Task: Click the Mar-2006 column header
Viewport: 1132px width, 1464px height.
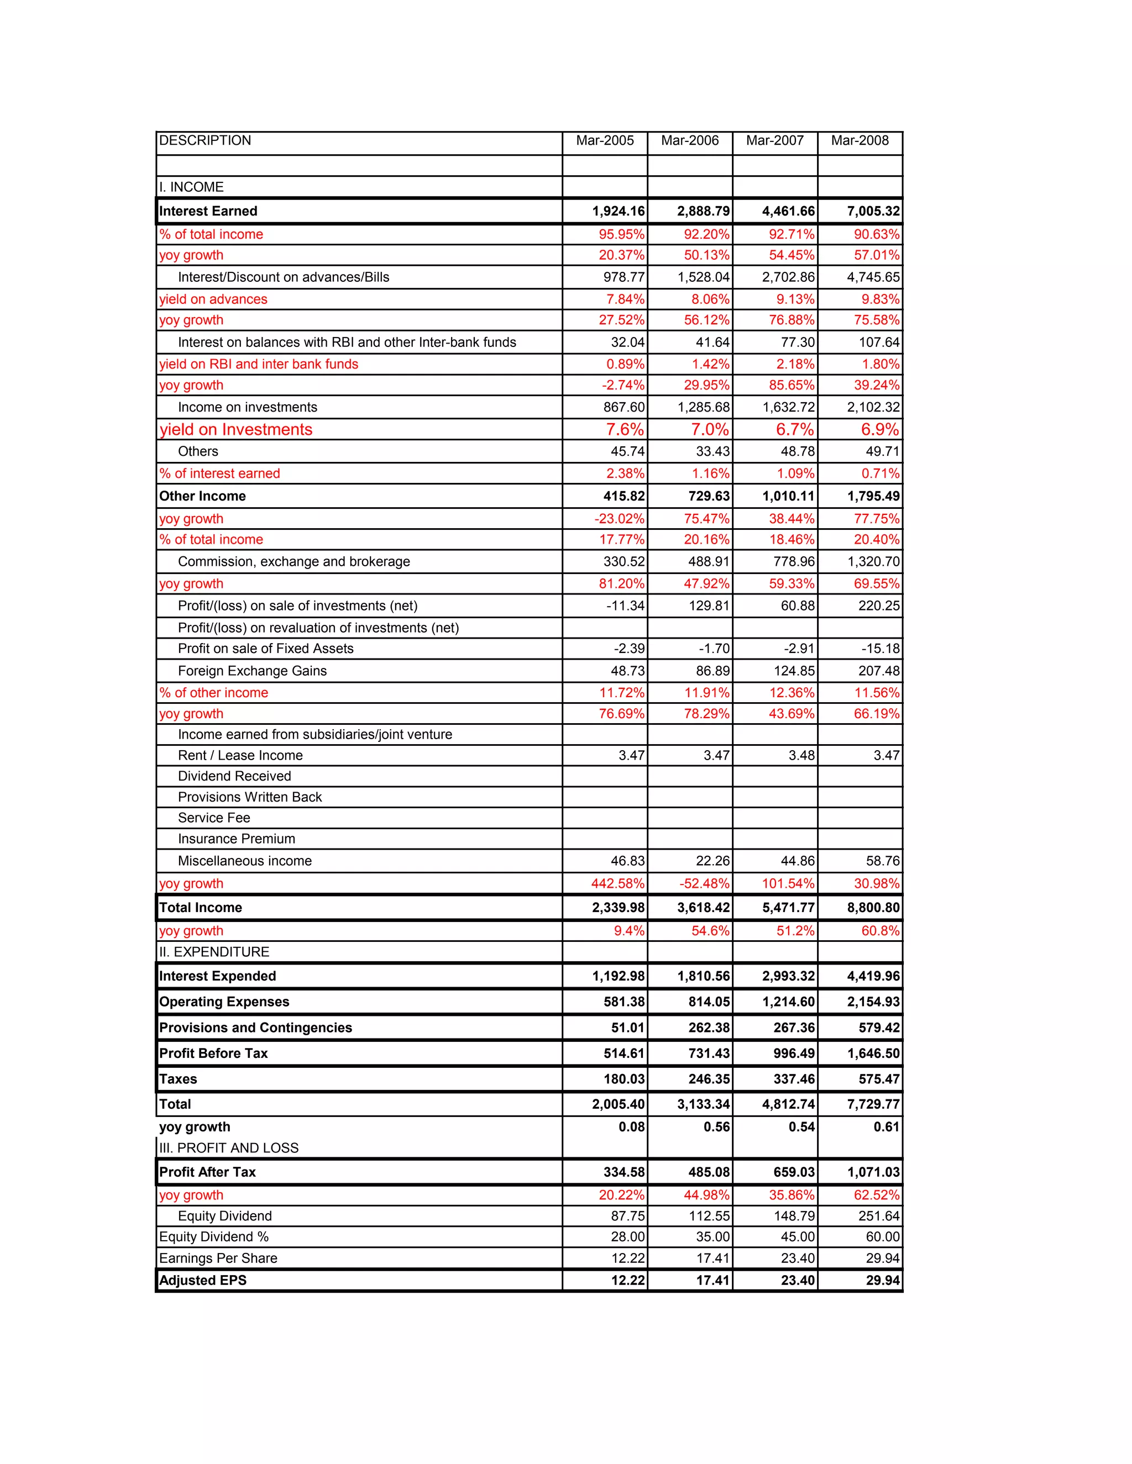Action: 689,141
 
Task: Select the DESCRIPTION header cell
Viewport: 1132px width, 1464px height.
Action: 205,141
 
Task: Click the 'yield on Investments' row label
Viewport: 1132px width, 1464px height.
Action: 236,430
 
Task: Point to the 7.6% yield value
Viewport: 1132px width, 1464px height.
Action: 625,430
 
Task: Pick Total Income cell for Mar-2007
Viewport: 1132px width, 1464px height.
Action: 788,908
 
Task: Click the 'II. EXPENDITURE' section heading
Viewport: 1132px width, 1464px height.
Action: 214,952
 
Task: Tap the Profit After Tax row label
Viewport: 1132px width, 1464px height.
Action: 207,1172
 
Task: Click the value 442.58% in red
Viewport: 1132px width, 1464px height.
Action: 617,883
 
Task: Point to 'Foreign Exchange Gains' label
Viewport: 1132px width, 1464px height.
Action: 252,671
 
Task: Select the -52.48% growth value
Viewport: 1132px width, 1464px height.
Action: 704,883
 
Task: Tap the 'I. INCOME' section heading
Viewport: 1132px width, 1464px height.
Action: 191,187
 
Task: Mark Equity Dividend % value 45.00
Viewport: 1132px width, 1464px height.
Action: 798,1237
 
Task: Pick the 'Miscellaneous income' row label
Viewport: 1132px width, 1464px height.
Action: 245,861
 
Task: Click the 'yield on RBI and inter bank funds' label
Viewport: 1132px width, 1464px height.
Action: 258,365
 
